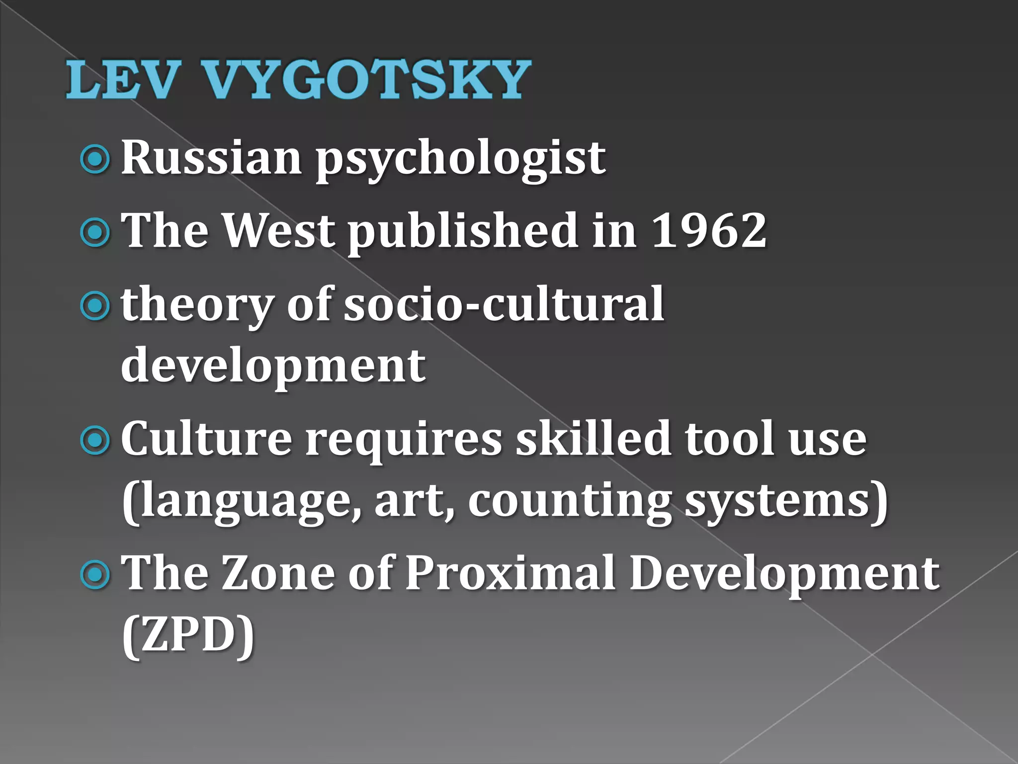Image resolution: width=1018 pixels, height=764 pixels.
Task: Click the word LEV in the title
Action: click(122, 80)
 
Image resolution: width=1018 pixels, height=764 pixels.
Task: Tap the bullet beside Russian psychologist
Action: click(94, 159)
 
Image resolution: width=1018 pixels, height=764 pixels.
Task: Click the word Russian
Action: click(212, 158)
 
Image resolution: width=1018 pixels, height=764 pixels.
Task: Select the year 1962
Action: click(709, 230)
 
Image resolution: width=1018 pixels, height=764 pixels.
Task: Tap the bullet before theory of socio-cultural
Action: click(94, 306)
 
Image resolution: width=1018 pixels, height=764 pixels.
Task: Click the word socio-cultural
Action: click(504, 304)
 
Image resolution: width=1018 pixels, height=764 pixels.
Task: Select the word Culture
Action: click(207, 439)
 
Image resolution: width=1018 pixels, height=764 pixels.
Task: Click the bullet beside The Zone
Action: click(94, 575)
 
